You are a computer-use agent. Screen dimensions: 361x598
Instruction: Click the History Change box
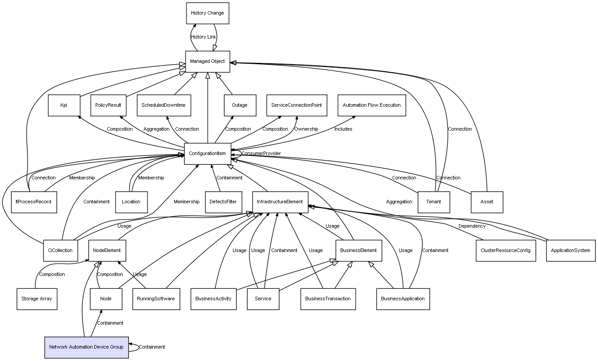(207, 13)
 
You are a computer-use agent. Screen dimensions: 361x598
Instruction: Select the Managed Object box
(207, 61)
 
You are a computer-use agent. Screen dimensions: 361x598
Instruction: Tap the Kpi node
(64, 105)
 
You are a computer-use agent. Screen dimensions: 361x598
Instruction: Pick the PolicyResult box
(109, 105)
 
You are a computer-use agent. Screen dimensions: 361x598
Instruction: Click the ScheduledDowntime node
(163, 105)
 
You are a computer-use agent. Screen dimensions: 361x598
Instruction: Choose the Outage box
(239, 105)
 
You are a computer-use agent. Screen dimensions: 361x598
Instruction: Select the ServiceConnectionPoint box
(296, 105)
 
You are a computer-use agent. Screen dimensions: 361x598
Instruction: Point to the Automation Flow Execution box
(372, 105)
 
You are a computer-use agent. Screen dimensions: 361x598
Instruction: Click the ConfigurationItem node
(207, 153)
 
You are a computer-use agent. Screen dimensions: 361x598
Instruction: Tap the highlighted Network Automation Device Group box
(86, 347)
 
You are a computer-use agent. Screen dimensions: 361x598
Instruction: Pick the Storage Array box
(37, 299)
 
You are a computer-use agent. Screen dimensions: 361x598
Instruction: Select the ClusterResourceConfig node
(505, 250)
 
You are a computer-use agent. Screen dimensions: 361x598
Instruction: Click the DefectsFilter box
(223, 202)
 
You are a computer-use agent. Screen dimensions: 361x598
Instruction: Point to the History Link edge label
(203, 37)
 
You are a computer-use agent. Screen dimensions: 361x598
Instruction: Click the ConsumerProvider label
(261, 153)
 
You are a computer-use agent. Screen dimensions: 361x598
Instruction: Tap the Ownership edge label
(306, 129)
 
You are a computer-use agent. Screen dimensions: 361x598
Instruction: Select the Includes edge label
(343, 129)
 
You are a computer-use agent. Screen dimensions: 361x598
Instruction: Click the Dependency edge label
(472, 226)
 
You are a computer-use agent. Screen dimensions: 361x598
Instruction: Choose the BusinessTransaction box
(328, 299)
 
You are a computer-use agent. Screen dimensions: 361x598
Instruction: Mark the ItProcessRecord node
(34, 202)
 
